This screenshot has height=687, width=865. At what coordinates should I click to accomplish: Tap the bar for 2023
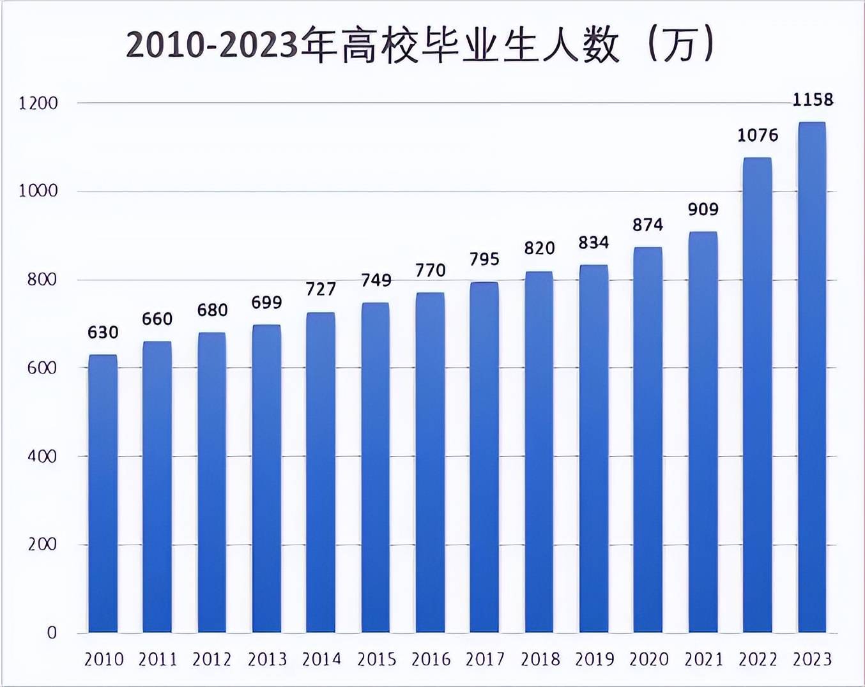click(x=812, y=377)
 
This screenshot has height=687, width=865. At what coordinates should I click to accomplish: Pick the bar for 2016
click(x=430, y=462)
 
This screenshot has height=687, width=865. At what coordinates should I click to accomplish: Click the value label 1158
click(x=813, y=100)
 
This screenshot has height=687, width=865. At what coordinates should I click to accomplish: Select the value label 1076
click(x=758, y=135)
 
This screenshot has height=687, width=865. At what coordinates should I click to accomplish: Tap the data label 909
click(x=703, y=209)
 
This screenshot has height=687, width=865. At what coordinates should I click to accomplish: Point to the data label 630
click(x=103, y=333)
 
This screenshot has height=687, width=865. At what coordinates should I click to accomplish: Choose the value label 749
click(x=376, y=280)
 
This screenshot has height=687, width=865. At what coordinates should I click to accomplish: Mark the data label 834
click(x=593, y=243)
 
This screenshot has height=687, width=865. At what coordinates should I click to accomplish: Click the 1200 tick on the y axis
click(x=38, y=103)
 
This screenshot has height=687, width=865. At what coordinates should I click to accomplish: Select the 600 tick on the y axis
click(x=42, y=368)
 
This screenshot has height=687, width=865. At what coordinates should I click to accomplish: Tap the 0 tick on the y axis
click(x=52, y=633)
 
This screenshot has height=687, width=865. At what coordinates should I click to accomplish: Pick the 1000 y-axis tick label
click(x=38, y=191)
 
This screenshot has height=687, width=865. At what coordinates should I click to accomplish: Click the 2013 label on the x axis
click(x=266, y=659)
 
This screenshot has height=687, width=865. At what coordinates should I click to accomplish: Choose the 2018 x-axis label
click(x=539, y=659)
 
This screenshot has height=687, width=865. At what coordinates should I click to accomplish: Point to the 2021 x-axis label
click(x=703, y=659)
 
